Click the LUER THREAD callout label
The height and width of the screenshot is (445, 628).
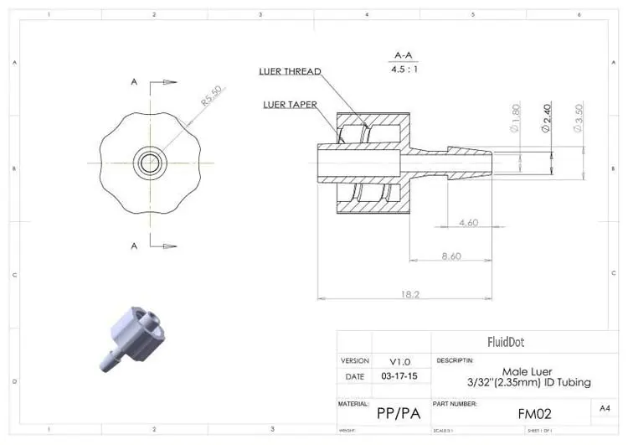[x=289, y=72]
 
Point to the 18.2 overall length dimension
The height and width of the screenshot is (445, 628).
[x=409, y=294]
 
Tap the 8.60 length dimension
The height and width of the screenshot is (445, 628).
[x=450, y=256]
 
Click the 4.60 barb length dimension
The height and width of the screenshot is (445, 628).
[x=469, y=223]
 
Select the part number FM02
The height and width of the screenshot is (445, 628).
[x=533, y=413]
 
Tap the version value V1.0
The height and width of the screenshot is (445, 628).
[x=399, y=361]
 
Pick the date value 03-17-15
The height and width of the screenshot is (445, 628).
[x=399, y=376]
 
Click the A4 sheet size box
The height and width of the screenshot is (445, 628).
[x=605, y=407]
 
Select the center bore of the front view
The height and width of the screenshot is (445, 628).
[x=150, y=162]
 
